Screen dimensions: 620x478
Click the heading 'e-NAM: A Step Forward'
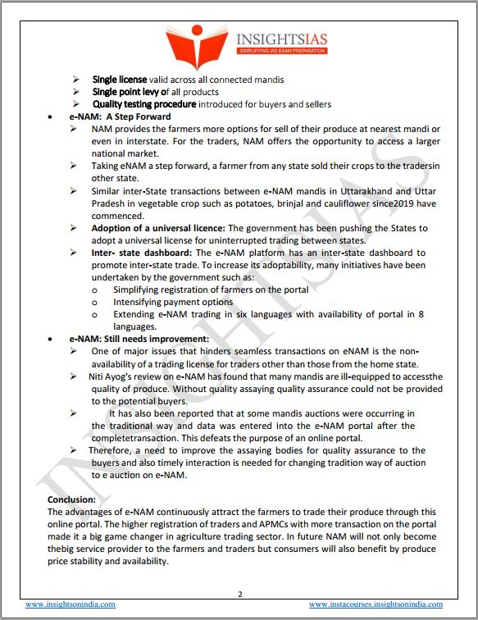tap(113, 117)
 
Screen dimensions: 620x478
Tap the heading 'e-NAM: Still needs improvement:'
tap(128, 339)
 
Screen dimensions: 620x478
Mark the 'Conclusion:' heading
tap(71, 499)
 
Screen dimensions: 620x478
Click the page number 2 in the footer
tap(239, 594)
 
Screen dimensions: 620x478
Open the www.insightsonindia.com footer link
tap(69, 604)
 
